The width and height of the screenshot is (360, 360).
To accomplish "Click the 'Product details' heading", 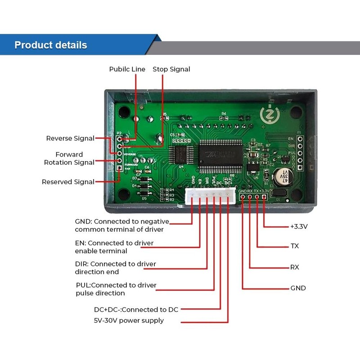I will pyautogui.click(x=51, y=45).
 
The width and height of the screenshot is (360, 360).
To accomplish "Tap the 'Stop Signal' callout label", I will pyautogui.click(x=171, y=69).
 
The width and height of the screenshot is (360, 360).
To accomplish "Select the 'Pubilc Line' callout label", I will pyautogui.click(x=127, y=69).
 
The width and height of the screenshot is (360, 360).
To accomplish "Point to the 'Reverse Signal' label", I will pyautogui.click(x=70, y=138).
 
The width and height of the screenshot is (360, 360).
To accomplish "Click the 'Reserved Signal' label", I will pyautogui.click(x=68, y=182).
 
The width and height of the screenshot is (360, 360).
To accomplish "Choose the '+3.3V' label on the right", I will pyautogui.click(x=299, y=226).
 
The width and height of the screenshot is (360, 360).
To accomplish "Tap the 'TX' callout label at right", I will pyautogui.click(x=295, y=246).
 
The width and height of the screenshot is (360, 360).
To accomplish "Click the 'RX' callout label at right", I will pyautogui.click(x=295, y=267).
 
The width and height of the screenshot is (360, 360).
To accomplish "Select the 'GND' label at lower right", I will pyautogui.click(x=298, y=288).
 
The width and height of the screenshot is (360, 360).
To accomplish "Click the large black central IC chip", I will pyautogui.click(x=221, y=153).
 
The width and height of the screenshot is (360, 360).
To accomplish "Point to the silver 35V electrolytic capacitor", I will pyautogui.click(x=284, y=176).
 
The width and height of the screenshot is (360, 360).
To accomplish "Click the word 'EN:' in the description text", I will pyautogui.click(x=80, y=243).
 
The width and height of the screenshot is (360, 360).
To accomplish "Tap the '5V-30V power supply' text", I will pyautogui.click(x=129, y=320).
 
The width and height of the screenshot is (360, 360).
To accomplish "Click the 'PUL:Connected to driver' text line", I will pyautogui.click(x=116, y=285).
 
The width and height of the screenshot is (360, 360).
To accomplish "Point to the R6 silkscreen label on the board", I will pyautogui.click(x=224, y=114).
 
